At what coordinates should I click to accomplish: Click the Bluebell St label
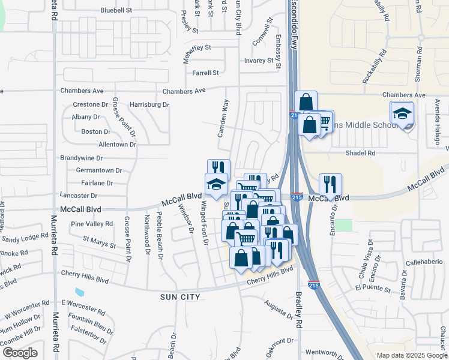click(116, 11)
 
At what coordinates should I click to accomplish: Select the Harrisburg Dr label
click(149, 104)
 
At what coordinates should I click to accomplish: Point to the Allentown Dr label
click(117, 145)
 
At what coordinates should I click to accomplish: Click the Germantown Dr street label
click(91, 170)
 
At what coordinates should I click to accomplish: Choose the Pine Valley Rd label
click(91, 224)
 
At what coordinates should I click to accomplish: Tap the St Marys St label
click(99, 244)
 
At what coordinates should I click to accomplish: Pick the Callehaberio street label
click(426, 263)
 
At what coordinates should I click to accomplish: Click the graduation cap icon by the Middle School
click(402, 112)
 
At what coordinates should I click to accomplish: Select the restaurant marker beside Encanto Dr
click(330, 184)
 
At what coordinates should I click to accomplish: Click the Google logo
click(19, 353)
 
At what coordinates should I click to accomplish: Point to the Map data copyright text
click(412, 355)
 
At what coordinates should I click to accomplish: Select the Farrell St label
click(205, 73)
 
